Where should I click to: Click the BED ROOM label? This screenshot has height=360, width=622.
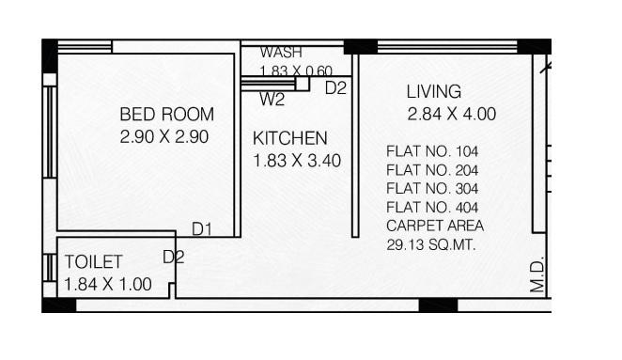(166, 115)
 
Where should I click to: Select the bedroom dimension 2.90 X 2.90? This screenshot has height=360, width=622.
(163, 136)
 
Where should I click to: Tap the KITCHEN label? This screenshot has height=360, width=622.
(290, 139)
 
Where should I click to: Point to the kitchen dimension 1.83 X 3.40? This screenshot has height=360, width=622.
(297, 161)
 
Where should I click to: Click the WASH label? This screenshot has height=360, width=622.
(281, 53)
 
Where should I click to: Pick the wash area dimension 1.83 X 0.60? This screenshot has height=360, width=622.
(296, 70)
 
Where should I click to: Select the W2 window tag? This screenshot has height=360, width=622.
(272, 99)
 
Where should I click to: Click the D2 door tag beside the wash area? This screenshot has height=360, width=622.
(335, 88)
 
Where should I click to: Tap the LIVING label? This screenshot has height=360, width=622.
(433, 92)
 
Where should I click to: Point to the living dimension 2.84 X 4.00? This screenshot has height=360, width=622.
(451, 115)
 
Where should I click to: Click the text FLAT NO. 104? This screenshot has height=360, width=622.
(432, 151)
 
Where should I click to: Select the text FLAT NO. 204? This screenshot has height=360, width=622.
(432, 170)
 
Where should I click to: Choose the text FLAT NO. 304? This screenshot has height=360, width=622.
(432, 189)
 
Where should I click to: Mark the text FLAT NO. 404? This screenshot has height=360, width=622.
(432, 208)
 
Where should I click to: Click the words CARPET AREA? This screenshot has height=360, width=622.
(435, 227)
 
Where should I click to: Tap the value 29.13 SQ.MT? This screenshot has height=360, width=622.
(431, 245)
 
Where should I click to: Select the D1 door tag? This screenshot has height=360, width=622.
(202, 228)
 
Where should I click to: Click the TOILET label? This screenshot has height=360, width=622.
(93, 262)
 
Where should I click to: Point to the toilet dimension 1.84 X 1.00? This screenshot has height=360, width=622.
(108, 284)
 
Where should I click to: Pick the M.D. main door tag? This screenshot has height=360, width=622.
(537, 276)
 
